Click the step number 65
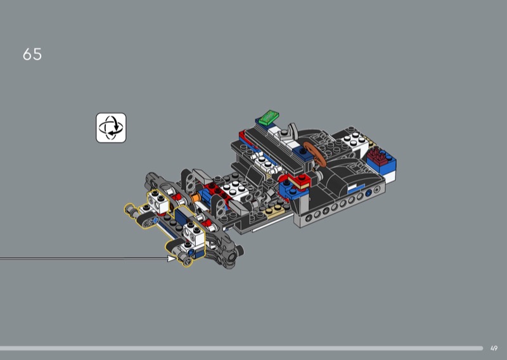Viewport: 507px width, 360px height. point(32,55)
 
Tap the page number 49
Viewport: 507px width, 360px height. point(494,349)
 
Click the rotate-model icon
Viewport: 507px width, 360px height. point(111,128)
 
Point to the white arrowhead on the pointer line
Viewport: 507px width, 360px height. point(172,258)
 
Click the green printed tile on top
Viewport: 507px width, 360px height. point(268,117)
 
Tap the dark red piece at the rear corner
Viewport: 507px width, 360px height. point(378,155)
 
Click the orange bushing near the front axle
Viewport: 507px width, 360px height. point(195,198)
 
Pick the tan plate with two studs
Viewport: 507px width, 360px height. point(274,211)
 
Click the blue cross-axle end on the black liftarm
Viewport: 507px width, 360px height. point(155,221)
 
